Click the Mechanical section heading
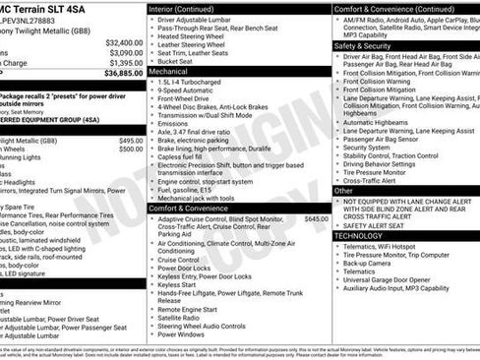tap(168, 73)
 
